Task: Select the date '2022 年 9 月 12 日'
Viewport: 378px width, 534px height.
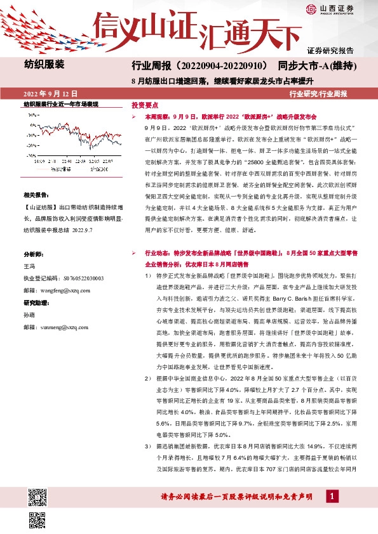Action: tap(50, 93)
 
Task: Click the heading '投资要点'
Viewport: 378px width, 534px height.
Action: tap(144, 105)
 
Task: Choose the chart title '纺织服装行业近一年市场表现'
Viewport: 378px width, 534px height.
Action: tap(60, 103)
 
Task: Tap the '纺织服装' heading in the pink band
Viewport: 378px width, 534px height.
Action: tap(44, 64)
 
